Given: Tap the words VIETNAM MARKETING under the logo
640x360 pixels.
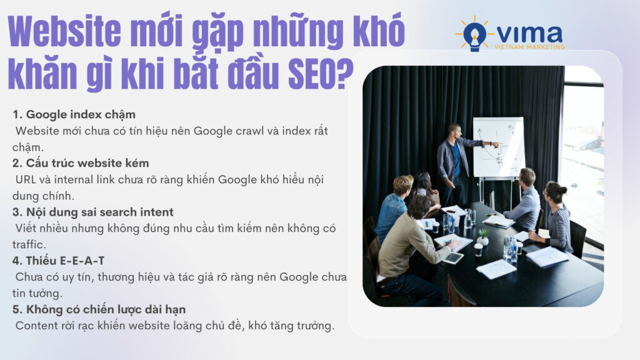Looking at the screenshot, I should (x=529, y=47).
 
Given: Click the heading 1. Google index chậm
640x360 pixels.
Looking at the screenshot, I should (x=74, y=114).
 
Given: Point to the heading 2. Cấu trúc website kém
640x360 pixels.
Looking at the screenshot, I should (x=81, y=163).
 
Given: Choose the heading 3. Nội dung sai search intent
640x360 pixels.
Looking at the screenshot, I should (x=93, y=212).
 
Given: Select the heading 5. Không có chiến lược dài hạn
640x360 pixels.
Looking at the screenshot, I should (x=99, y=309).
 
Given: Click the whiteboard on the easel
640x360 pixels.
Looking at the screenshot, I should (x=497, y=147).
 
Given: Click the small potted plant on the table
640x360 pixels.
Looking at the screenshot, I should (x=483, y=237).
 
